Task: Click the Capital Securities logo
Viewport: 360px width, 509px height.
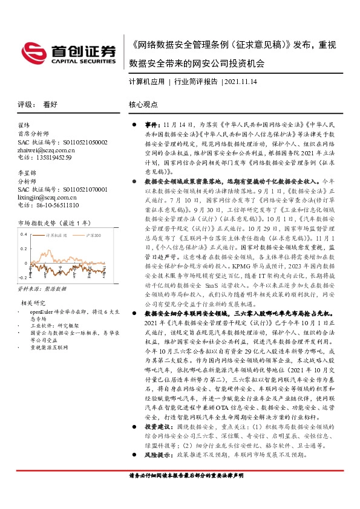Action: tap(68, 53)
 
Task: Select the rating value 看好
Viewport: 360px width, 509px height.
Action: tap(50, 104)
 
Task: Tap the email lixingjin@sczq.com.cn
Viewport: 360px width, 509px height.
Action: tap(49, 196)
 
